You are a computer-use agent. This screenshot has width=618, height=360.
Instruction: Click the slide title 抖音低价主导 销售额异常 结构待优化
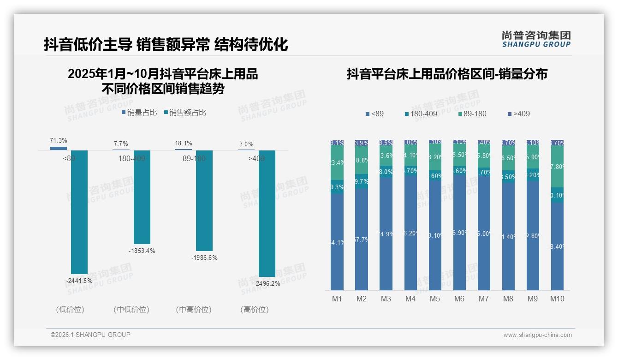166,44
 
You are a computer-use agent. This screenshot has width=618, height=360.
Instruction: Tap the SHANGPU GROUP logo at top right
536,39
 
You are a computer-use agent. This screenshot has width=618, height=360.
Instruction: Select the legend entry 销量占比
139,112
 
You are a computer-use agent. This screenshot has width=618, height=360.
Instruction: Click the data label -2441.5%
79,281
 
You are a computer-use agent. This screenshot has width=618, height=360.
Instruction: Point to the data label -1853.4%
142,251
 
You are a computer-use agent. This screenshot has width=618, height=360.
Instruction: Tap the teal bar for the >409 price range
267,213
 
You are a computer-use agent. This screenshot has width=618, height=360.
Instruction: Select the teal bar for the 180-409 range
142,197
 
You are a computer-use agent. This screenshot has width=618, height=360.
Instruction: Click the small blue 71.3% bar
59,148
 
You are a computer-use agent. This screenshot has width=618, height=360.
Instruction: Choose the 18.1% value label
184,144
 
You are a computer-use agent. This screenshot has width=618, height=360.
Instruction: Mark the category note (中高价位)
194,310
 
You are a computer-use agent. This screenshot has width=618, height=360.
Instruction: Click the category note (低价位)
70,310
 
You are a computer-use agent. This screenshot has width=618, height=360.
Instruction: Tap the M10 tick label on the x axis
557,299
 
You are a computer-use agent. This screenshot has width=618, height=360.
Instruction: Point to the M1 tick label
337,299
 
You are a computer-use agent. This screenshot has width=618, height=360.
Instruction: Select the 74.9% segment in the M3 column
386,234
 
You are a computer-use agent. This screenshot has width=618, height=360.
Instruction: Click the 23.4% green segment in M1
337,163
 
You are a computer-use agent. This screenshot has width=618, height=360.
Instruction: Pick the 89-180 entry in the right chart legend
473,114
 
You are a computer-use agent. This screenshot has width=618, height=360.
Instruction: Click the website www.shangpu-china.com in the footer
537,335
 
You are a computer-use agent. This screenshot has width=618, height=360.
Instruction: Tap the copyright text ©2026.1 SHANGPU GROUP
90,335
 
